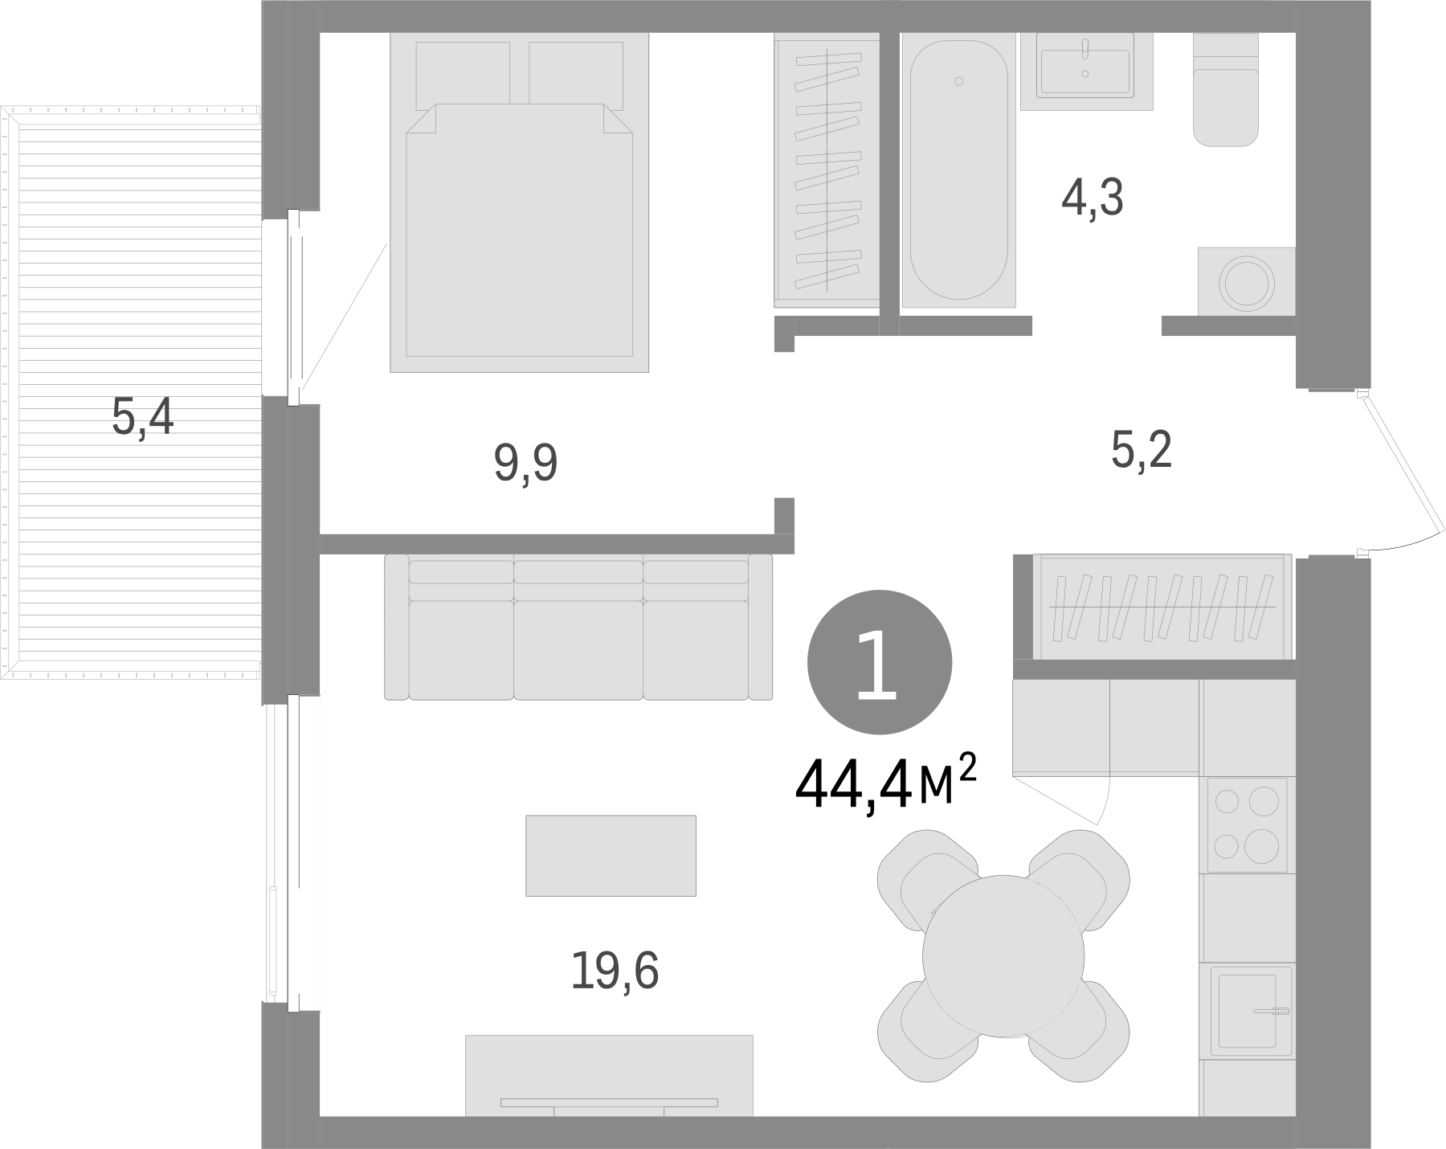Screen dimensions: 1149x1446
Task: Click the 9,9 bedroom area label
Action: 525,464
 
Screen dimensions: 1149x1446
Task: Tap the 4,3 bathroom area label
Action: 1092,198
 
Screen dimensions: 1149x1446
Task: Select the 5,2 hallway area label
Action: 1142,451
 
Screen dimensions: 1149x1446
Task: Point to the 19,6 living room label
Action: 615,971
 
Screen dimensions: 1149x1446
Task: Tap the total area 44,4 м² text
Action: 884,785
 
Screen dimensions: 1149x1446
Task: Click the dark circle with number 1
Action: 879,662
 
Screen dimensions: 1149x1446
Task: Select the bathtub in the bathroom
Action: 958,170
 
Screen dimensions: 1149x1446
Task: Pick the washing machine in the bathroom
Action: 1246,282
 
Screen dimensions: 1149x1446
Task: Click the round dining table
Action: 1003,955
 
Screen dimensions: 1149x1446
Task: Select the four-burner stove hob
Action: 1247,823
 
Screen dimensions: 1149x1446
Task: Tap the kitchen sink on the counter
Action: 1247,1012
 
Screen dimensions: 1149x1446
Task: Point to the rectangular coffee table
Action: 611,855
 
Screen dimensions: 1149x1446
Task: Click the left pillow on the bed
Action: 463,74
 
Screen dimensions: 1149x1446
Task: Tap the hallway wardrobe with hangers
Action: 1162,607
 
